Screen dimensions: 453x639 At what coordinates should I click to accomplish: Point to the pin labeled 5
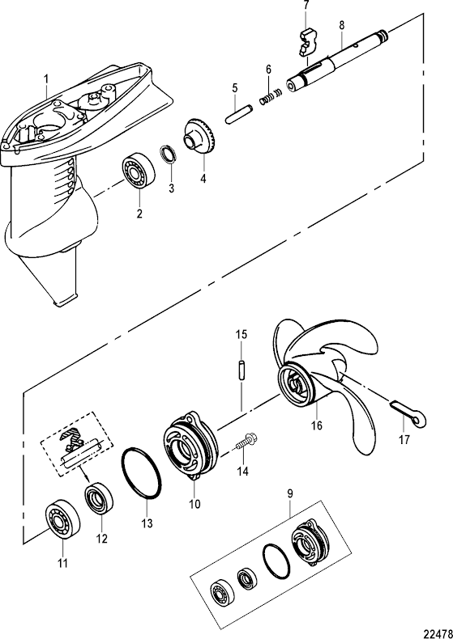click(x=239, y=115)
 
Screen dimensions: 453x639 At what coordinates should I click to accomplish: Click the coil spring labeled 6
click(x=270, y=96)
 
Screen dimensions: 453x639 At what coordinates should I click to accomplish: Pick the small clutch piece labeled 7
click(x=308, y=42)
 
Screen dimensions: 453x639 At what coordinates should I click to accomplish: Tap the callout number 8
click(x=341, y=25)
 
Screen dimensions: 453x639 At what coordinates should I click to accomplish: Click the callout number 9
click(x=289, y=494)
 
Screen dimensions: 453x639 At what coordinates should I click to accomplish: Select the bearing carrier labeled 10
click(x=191, y=448)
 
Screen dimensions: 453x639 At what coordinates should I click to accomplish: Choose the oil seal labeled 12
click(x=100, y=498)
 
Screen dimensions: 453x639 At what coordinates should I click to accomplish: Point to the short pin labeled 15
click(x=241, y=370)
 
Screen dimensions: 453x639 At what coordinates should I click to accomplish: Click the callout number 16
click(x=317, y=425)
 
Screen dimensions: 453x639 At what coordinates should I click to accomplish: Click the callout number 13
click(x=147, y=523)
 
